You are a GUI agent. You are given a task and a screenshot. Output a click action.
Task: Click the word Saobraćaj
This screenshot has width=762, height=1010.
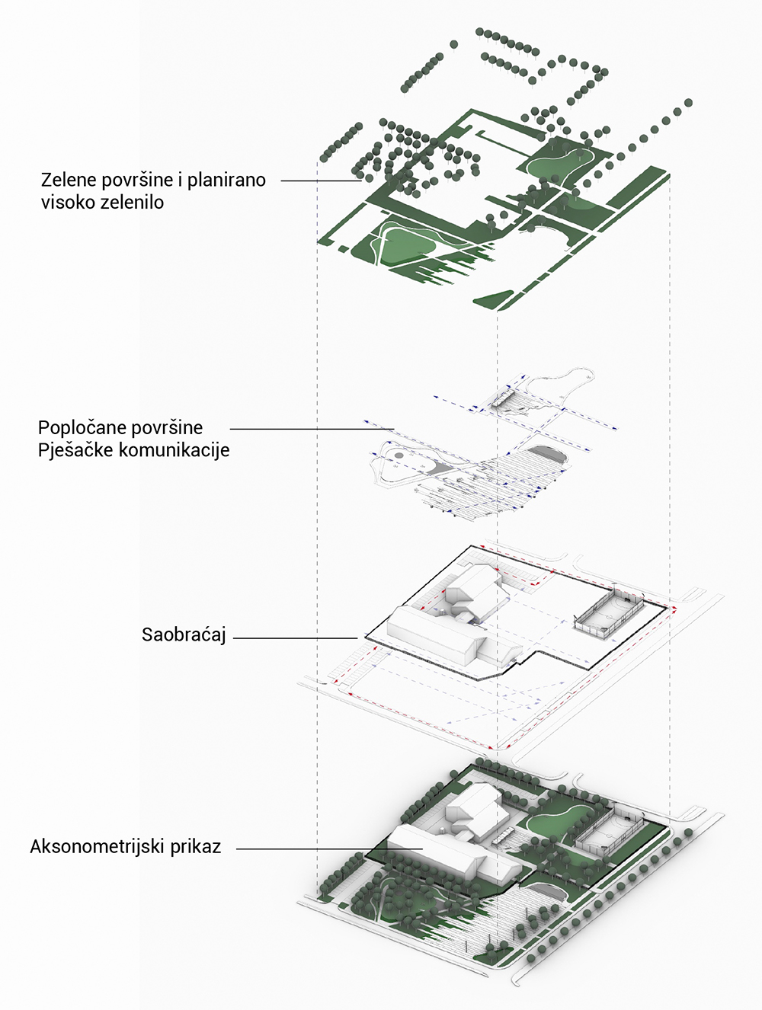(x=184, y=635)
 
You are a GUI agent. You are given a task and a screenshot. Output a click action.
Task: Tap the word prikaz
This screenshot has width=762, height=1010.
(x=196, y=847)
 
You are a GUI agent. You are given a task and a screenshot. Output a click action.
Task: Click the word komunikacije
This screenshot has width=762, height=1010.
(x=174, y=450)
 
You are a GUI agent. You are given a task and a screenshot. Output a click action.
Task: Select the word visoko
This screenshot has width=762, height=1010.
(x=68, y=203)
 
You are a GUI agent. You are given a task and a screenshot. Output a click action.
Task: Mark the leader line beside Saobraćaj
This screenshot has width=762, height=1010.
(x=296, y=638)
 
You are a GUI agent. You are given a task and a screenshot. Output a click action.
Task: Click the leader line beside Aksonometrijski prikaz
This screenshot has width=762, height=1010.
(x=329, y=849)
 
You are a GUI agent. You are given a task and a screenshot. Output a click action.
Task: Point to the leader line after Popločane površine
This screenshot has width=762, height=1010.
(x=312, y=429)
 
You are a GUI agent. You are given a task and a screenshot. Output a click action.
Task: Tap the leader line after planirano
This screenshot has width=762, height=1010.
(x=321, y=181)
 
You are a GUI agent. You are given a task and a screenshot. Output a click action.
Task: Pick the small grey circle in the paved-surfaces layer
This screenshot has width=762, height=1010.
(x=399, y=455)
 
